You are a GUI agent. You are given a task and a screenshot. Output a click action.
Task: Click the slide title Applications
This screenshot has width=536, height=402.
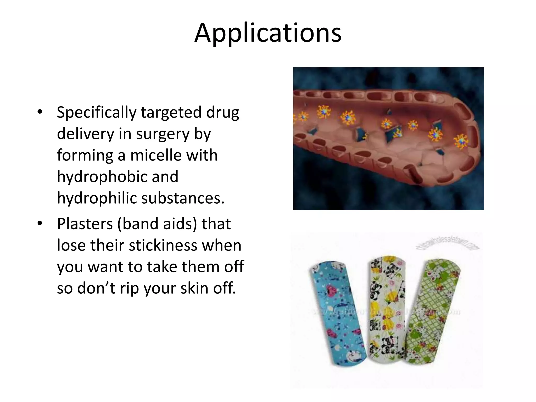click(x=268, y=33)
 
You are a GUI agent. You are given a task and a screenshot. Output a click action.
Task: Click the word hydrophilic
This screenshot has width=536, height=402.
click(x=97, y=198)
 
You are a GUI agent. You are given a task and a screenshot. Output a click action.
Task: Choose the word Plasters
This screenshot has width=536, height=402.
click(x=85, y=224)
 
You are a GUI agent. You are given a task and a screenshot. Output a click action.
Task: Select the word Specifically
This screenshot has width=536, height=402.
click(x=97, y=113)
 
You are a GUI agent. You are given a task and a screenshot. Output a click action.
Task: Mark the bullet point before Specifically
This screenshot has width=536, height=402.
click(x=40, y=112)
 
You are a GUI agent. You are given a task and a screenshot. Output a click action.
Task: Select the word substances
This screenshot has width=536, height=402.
click(x=183, y=198)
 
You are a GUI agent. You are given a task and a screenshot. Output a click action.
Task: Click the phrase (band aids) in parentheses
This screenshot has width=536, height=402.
click(x=157, y=224)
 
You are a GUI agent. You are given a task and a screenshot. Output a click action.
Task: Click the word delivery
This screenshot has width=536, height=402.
click(x=85, y=134)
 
